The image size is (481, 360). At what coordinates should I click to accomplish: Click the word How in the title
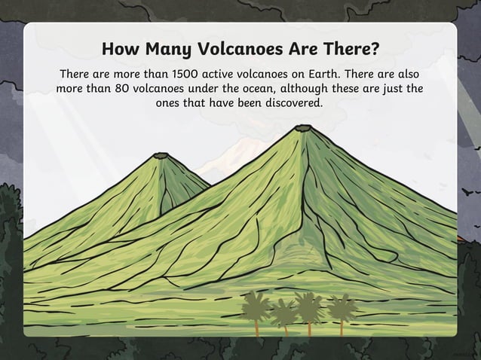(x=118, y=50)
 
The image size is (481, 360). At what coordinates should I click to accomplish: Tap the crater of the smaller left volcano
(x=161, y=156)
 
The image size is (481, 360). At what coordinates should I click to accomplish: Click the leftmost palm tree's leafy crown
(x=256, y=303)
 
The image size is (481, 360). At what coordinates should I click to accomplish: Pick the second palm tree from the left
(x=283, y=312)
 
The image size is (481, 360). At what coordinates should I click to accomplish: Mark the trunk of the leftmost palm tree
(x=256, y=324)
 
